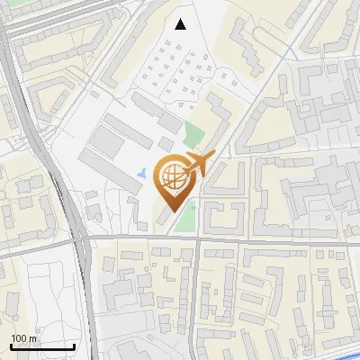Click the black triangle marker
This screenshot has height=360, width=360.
click(182, 24)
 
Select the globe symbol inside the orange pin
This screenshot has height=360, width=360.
click(173, 177)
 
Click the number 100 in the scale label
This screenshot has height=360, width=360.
click(19, 337)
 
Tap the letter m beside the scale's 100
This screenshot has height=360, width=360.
click(32, 337)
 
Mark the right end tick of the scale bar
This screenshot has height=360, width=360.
click(74, 345)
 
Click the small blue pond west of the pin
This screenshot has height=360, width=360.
click(139, 172)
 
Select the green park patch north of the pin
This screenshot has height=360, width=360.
click(191, 136)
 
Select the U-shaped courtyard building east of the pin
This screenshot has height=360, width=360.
click(221, 214)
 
